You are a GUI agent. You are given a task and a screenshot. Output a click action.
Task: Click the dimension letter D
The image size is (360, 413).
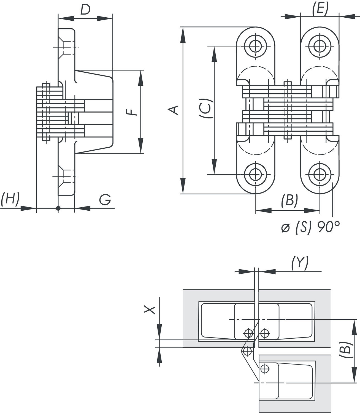click(x=85, y=10)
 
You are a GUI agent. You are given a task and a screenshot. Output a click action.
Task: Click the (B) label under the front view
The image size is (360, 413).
click(x=289, y=200)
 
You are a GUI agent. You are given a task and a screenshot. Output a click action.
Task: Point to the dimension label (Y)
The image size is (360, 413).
click(x=300, y=263)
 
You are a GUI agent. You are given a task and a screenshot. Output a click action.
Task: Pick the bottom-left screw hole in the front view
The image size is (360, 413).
click(x=256, y=174)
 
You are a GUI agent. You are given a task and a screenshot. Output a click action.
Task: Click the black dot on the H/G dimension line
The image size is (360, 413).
click(x=58, y=208)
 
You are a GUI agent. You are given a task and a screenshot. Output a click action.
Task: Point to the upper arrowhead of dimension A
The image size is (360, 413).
click(x=183, y=34)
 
